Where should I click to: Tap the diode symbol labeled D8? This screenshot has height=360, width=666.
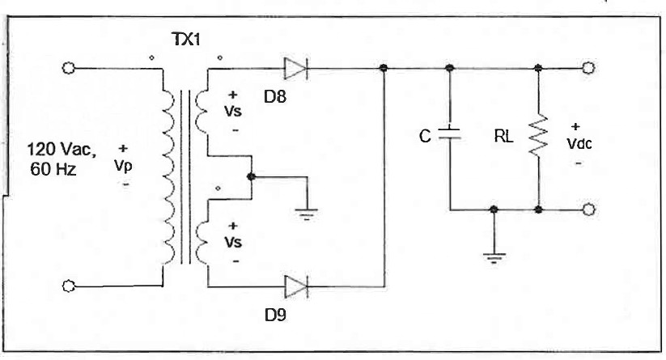(297, 69)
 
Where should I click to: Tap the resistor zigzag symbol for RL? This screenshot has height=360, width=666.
(538, 138)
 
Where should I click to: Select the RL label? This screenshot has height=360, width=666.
(503, 138)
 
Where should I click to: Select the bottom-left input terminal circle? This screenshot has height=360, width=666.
(70, 286)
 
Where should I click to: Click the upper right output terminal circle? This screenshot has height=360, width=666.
(588, 69)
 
